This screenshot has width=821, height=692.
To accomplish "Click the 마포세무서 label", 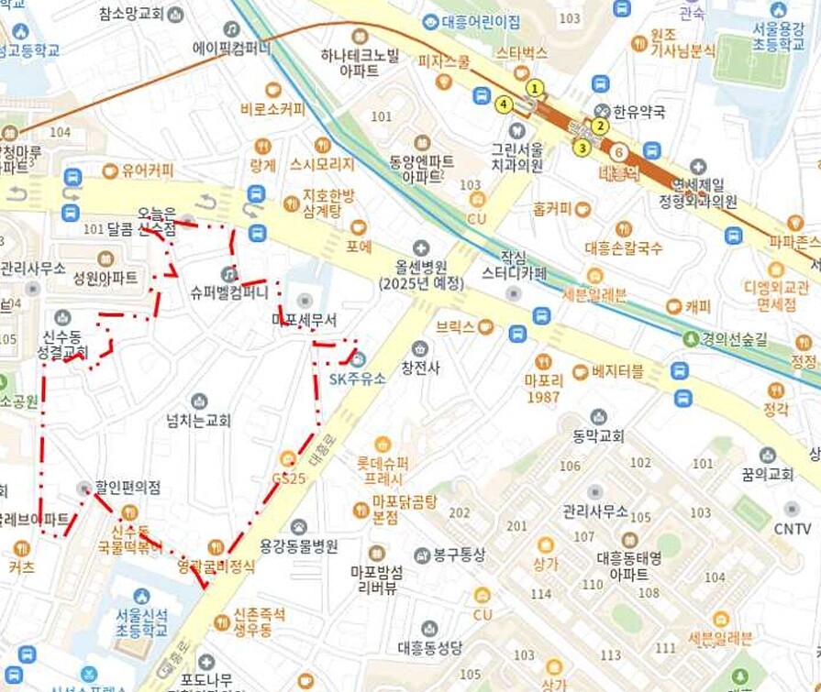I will click(x=305, y=320).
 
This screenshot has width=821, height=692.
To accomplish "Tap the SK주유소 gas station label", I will click(x=357, y=378).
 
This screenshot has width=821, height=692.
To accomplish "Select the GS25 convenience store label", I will click(x=288, y=478).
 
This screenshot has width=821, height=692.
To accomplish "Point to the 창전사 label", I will click(x=420, y=368).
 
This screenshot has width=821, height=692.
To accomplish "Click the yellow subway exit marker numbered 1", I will click(x=535, y=88).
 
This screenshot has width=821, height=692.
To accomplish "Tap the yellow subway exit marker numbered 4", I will click(x=503, y=104).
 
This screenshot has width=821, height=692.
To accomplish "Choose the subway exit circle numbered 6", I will click(x=619, y=152).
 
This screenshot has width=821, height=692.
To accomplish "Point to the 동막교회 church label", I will click(x=598, y=434).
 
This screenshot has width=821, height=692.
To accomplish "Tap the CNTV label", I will click(x=792, y=528).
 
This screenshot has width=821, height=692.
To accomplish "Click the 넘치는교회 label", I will click(x=198, y=420).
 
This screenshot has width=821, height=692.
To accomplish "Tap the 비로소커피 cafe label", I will click(x=272, y=109).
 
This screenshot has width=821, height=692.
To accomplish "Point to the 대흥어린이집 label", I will click(x=472, y=21).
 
